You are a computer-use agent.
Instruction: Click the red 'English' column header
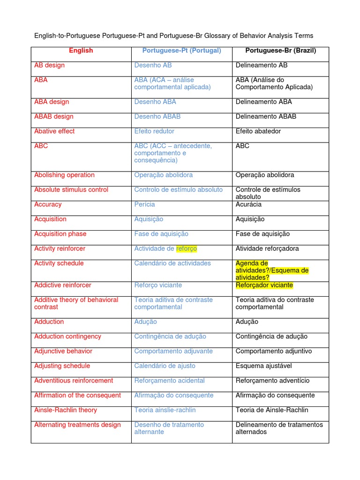tap(81, 51)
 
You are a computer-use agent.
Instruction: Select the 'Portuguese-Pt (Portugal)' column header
tap(181, 51)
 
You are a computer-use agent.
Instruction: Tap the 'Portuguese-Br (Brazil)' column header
tap(280, 51)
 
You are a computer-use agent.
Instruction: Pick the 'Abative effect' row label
tap(54, 131)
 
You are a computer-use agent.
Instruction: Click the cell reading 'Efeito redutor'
tap(154, 131)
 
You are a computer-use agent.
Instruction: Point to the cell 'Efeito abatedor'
tap(258, 131)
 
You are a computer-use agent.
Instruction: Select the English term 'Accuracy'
tap(48, 204)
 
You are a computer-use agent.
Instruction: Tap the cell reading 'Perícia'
tap(144, 204)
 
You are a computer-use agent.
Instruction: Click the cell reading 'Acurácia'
tap(248, 204)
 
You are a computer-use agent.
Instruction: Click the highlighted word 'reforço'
tap(187, 248)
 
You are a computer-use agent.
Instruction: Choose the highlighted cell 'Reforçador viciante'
tap(264, 285)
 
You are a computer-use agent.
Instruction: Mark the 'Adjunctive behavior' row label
tap(63, 351)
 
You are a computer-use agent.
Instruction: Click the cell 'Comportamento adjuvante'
tap(173, 351)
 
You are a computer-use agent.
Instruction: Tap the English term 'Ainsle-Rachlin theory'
tap(66, 410)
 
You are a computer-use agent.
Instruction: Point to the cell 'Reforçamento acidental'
tap(169, 381)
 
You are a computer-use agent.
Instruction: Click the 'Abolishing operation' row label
tap(64, 175)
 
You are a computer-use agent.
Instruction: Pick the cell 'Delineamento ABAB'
tap(266, 116)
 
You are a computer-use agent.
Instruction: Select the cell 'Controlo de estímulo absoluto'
tap(179, 190)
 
